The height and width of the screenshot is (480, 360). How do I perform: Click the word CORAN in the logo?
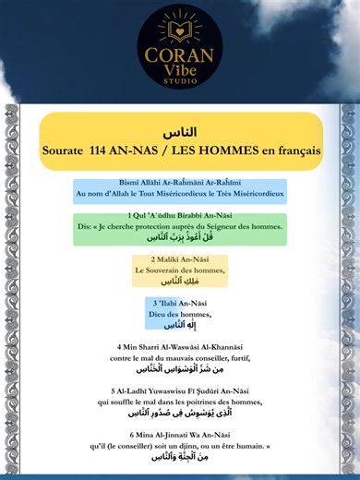click(179, 52)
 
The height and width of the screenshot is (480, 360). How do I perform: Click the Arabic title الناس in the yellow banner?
click(180, 131)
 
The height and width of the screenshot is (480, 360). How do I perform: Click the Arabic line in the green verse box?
click(179, 236)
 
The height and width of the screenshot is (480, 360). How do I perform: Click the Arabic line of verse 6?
click(179, 456)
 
